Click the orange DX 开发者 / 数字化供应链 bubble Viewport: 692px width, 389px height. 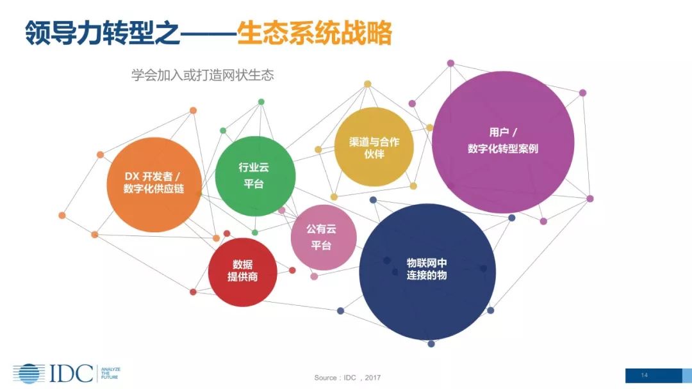point(153,184)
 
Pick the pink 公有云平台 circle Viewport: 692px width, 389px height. point(323,237)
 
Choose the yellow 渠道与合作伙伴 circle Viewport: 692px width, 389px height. point(374,148)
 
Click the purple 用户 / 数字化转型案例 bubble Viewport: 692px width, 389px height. point(503,141)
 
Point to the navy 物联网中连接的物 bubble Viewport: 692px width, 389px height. point(427,271)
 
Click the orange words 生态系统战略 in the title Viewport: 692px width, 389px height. point(313,33)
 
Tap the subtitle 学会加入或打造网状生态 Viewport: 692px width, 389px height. point(202,75)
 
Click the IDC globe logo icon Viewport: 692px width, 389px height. point(29,374)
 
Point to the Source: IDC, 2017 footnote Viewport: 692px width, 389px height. point(347,377)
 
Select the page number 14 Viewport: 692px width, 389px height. point(645,375)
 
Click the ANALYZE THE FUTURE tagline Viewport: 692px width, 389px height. point(110,374)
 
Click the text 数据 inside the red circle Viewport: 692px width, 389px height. point(242,264)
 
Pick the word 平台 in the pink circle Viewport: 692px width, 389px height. point(321,246)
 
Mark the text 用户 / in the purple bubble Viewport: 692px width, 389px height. point(503,132)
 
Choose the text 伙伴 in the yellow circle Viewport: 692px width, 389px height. point(374,155)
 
